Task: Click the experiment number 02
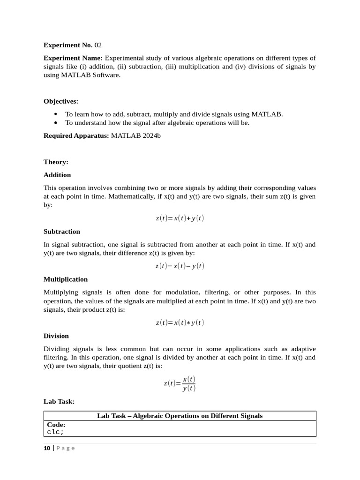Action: (x=97, y=45)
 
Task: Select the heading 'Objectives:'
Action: (x=61, y=101)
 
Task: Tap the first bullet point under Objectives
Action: (x=56, y=114)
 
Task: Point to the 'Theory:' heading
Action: (x=56, y=162)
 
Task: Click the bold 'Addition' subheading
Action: (x=57, y=175)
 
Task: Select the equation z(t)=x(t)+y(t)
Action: (x=180, y=218)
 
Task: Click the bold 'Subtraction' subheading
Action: (x=62, y=232)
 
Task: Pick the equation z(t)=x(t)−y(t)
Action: (x=180, y=266)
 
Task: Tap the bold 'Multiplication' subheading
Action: (x=66, y=279)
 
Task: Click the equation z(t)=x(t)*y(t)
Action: (x=180, y=323)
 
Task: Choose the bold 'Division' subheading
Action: (x=56, y=336)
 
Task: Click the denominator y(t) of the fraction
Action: (x=189, y=388)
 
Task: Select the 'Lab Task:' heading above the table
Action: (x=59, y=402)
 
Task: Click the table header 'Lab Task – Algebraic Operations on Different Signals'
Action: (x=180, y=416)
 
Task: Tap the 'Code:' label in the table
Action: (x=56, y=425)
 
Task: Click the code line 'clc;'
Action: (x=55, y=432)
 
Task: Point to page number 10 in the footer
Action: (x=47, y=448)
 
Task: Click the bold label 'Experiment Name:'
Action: (x=73, y=58)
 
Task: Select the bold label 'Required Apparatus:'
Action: (x=76, y=136)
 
